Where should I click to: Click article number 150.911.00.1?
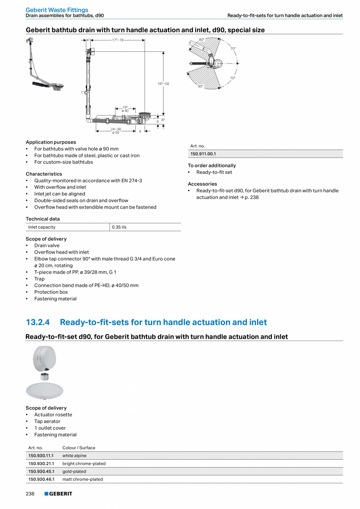[203, 154]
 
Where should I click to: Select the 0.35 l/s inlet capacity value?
[119, 227]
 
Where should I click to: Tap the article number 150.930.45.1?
[41, 471]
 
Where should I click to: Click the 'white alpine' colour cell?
[74, 456]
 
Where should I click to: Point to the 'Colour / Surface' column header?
[79, 448]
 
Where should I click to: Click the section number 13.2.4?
[38, 322]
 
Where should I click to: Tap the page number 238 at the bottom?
[30, 494]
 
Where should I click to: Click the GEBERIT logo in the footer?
[58, 494]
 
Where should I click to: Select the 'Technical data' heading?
[43, 219]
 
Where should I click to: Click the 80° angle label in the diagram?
[202, 40]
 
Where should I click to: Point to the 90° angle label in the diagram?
[200, 86]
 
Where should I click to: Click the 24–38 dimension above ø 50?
[115, 129]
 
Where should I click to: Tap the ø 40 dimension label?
[125, 111]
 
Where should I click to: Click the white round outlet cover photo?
[44, 390]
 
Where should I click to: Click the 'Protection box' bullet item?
[51, 292]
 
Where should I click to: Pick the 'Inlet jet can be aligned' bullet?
[59, 194]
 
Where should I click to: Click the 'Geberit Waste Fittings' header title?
[57, 10]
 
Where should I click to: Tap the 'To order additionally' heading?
[212, 166]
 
